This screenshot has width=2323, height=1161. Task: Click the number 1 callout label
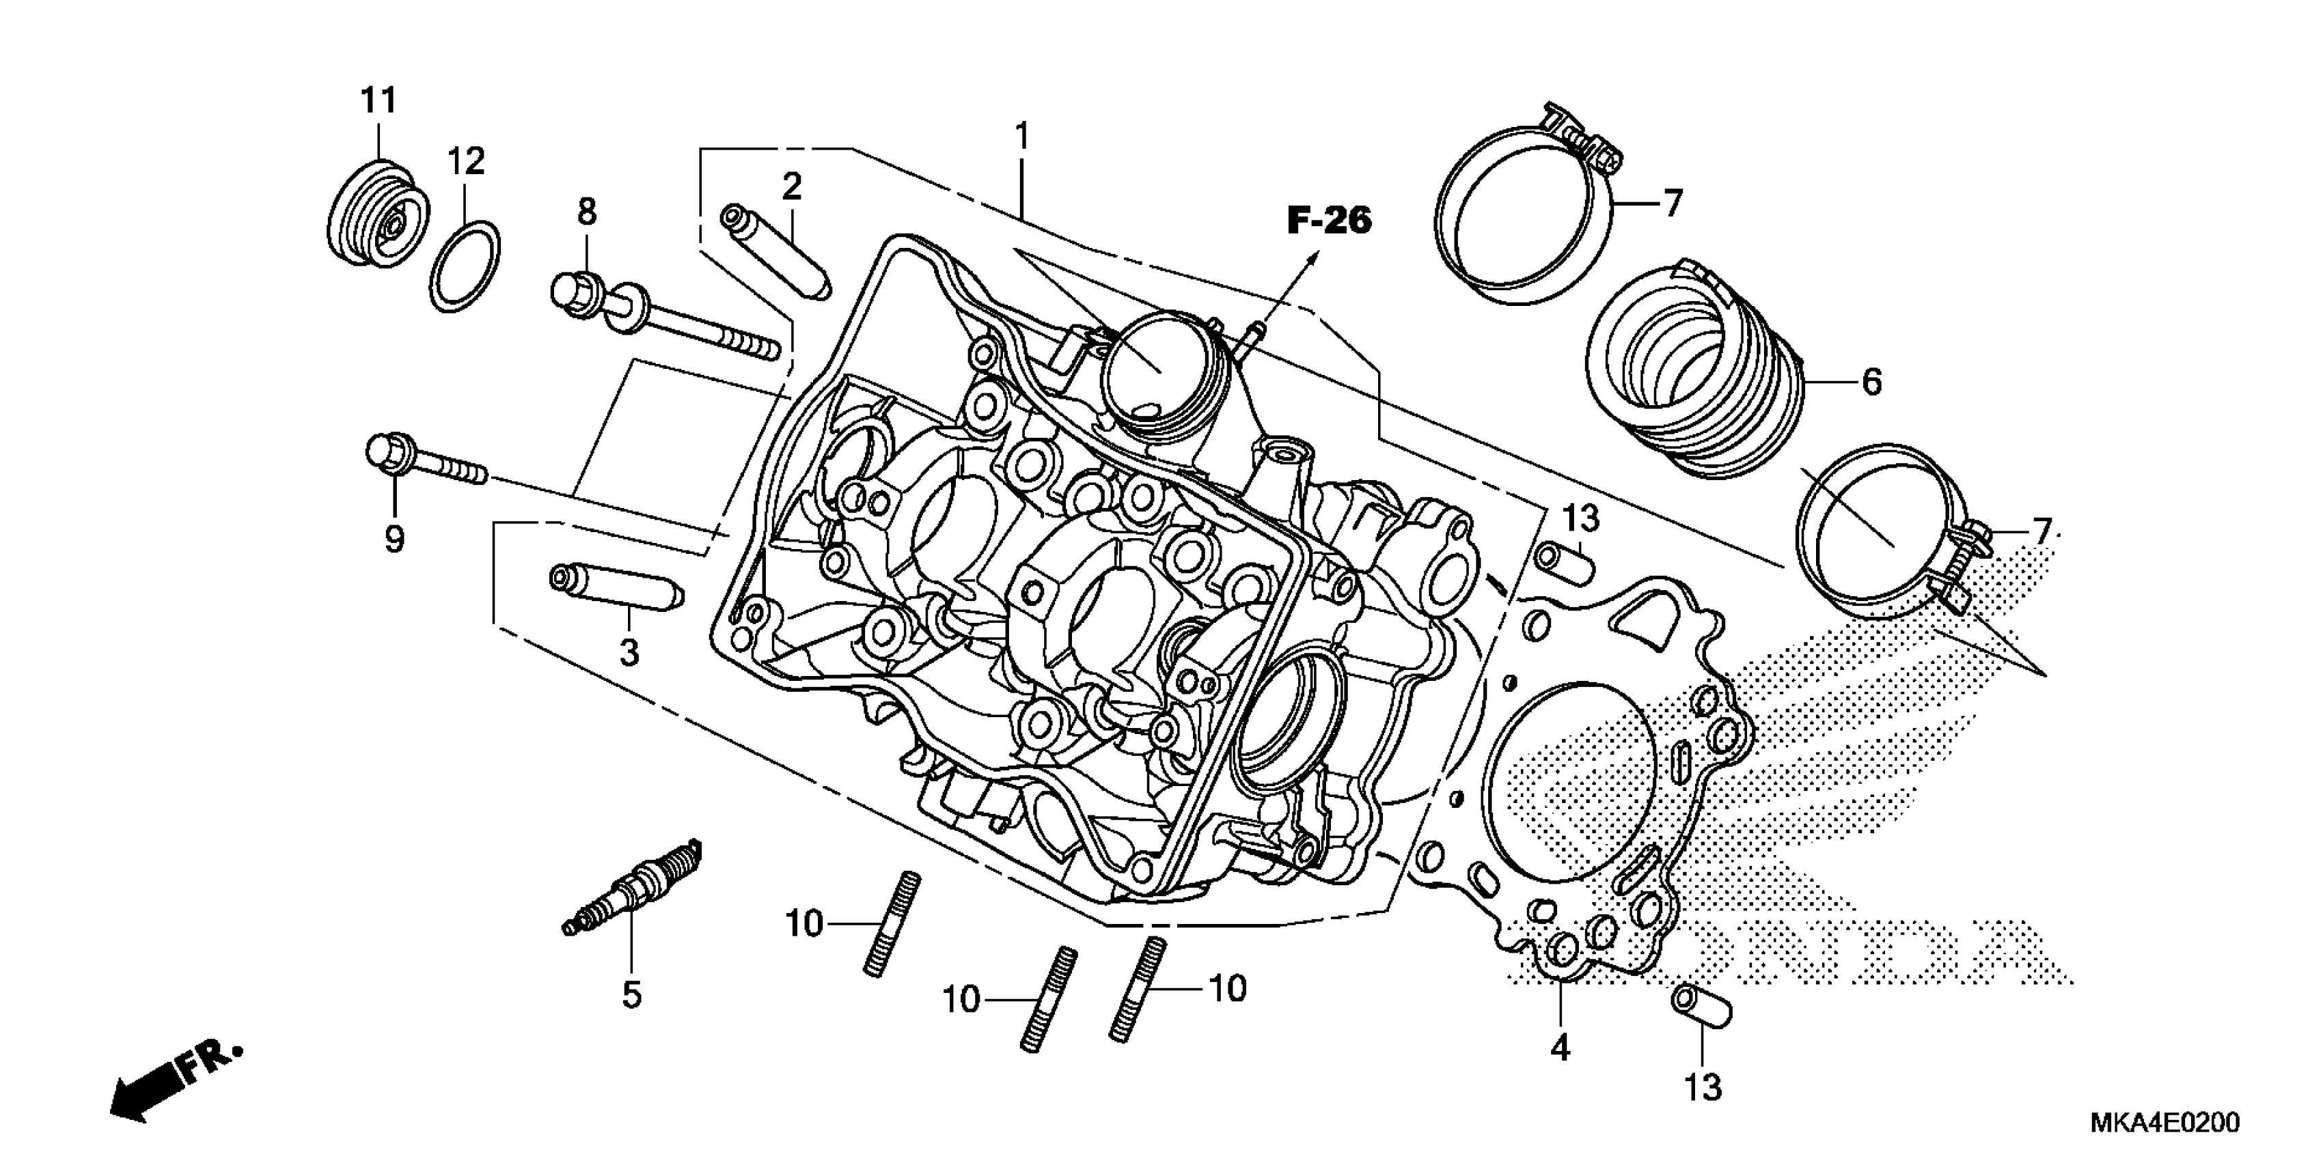pos(1021,137)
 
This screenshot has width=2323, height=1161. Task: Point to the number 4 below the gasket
pos(1559,1048)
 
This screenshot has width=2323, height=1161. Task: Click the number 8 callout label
pos(586,212)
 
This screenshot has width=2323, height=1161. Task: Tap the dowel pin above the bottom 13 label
pos(1702,1008)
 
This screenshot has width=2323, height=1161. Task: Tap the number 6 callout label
pos(1871,382)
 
